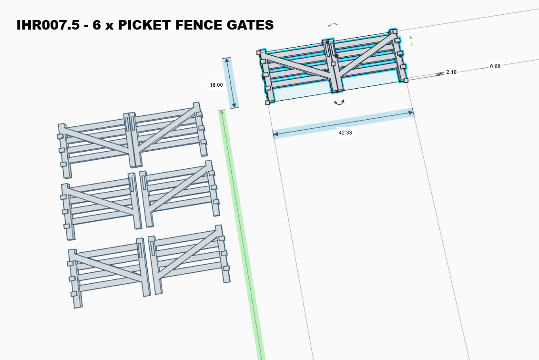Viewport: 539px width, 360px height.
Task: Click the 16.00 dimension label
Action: click(216, 85)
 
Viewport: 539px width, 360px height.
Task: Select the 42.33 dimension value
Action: click(345, 133)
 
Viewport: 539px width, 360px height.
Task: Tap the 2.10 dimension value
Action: click(451, 72)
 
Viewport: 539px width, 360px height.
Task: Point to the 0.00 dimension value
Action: click(495, 66)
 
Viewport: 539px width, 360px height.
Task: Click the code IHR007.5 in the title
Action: click(48, 25)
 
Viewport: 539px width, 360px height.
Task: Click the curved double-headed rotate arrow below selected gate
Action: click(339, 102)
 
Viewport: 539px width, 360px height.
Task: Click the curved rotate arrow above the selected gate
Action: click(332, 24)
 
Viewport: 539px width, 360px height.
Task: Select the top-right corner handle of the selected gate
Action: click(395, 31)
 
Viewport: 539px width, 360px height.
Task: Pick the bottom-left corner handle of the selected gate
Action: click(268, 103)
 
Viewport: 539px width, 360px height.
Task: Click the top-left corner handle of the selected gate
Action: click(259, 53)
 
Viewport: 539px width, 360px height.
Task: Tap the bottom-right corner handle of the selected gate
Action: click(406, 81)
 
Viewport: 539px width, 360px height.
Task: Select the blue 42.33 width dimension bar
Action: click(344, 123)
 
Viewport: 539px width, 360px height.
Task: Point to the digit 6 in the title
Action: click(97, 25)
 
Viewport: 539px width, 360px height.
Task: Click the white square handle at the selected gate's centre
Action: click(333, 63)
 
